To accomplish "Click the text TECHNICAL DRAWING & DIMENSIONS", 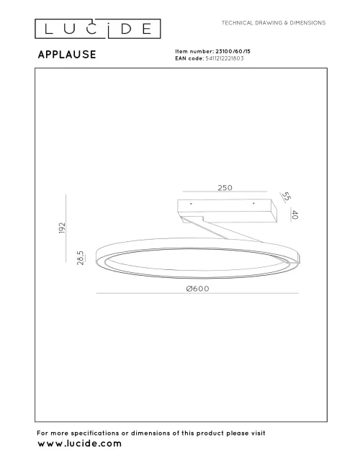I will [274, 23].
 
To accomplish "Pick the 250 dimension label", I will [225, 188].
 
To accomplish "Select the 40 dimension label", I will [294, 215].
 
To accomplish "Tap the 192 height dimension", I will [63, 229].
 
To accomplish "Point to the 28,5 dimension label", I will [81, 257].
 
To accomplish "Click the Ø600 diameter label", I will [197, 288].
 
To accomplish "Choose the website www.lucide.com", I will [78, 444].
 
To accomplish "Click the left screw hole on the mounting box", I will [191, 204].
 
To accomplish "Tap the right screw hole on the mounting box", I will [253, 204].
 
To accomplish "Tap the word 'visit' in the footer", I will [256, 433].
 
